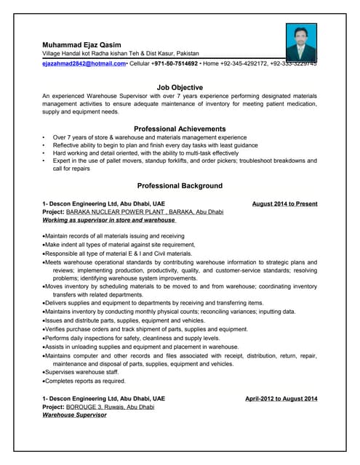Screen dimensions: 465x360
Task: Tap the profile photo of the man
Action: pyautogui.click(x=300, y=41)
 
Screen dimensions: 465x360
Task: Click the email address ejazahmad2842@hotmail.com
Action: pyautogui.click(x=84, y=64)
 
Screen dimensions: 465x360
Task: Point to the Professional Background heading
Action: pyautogui.click(x=180, y=185)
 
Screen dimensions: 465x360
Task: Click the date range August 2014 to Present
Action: pyautogui.click(x=284, y=203)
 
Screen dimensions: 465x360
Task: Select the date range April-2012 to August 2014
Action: pyautogui.click(x=281, y=399)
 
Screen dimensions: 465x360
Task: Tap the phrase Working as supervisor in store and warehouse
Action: pyautogui.click(x=103, y=219)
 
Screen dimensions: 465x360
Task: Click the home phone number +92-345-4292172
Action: pyautogui.click(x=246, y=64)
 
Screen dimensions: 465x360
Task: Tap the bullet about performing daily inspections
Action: pyautogui.click(x=131, y=339)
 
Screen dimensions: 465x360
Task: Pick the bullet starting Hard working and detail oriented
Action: pyautogui.click(x=145, y=153)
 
